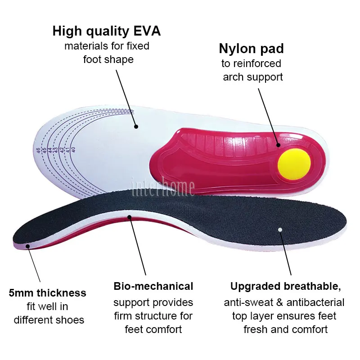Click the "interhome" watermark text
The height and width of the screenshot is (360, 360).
coord(162,187)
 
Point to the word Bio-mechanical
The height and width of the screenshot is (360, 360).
coord(153,286)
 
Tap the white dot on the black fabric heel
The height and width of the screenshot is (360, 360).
coord(280,229)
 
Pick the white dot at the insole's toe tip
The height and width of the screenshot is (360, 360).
coord(27,246)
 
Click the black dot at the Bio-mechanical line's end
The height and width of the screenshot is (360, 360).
coord(130,217)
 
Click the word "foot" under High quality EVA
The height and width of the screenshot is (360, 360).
coord(93,59)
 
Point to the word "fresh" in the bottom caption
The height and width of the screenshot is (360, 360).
coord(257,329)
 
